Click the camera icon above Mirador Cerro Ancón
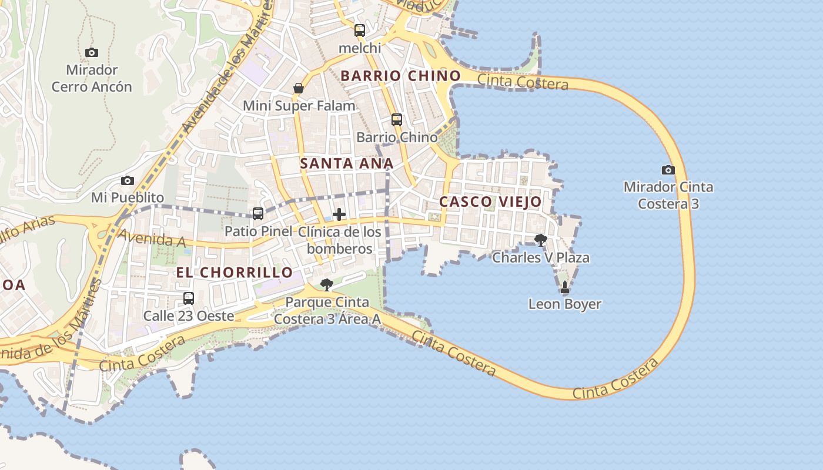pos(92,52)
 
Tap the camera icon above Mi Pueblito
pos(128,180)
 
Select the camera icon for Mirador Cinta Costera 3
pos(668,170)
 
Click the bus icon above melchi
pos(360,31)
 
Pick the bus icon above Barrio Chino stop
pos(397,120)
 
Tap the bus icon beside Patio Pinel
pos(258,214)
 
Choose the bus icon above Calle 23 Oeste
pos(189,298)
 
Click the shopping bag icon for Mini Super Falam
pos(299,88)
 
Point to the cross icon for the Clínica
pos(339,214)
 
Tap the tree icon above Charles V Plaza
pos(541,240)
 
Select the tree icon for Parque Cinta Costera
pos(327,285)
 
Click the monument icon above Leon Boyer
pos(565,287)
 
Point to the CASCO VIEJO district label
pos(491,202)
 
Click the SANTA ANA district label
pos(347,163)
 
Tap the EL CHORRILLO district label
pos(235,273)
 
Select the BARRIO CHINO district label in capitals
pos(401,76)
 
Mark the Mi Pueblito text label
pos(128,197)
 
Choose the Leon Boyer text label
pos(565,304)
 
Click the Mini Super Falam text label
pos(299,106)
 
